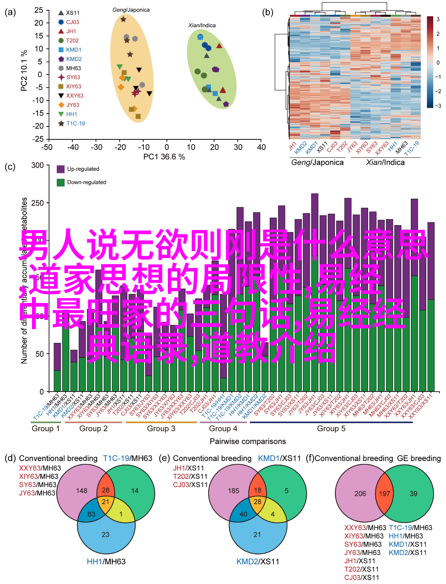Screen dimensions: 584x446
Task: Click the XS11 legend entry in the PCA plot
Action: pyautogui.click(x=72, y=13)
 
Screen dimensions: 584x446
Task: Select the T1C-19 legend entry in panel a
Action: pyautogui.click(x=75, y=123)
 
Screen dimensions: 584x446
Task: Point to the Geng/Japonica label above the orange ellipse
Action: pyautogui.click(x=131, y=10)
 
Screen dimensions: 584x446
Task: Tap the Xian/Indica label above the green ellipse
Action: pyautogui.click(x=202, y=25)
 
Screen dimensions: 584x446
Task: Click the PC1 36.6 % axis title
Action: pyautogui.click(x=164, y=157)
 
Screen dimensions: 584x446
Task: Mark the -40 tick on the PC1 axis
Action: pyautogui.click(x=73, y=147)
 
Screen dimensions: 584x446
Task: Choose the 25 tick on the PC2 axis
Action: pyautogui.click(x=39, y=10)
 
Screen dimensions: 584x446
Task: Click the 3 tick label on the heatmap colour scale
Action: pyautogui.click(x=438, y=19)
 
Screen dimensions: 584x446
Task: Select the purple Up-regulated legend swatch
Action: pyautogui.click(x=61, y=169)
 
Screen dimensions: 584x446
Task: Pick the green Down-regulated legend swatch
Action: pyautogui.click(x=61, y=182)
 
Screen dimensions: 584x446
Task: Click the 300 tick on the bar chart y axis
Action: pyautogui.click(x=38, y=165)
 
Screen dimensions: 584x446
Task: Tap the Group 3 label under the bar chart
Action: pyautogui.click(x=161, y=428)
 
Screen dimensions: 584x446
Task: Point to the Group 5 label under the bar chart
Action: pyautogui.click(x=331, y=428)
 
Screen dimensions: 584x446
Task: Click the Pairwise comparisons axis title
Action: pyautogui.click(x=248, y=441)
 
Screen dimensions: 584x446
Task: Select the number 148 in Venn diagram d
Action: pyautogui.click(x=82, y=491)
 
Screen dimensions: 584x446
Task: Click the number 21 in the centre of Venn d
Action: pyautogui.click(x=106, y=502)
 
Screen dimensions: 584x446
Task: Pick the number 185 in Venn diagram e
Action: pyautogui.click(x=233, y=491)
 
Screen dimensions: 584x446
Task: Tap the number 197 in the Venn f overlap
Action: pyautogui.click(x=384, y=493)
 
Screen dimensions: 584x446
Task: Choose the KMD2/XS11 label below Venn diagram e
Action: pyautogui.click(x=257, y=562)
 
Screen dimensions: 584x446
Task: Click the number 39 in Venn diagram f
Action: pyautogui.click(x=413, y=493)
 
